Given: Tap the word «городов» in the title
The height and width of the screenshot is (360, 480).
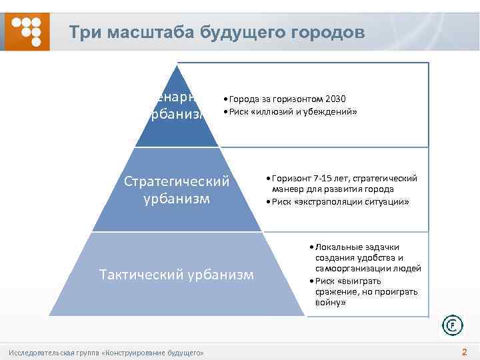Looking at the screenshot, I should click(326, 33).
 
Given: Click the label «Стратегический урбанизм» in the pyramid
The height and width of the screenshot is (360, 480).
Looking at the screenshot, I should click(177, 190).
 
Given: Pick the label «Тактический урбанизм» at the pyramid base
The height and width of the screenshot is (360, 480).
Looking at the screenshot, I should click(176, 274).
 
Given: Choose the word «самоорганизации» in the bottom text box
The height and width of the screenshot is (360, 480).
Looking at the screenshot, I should click(350, 269).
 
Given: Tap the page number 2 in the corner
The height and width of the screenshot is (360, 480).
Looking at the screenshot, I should click(464, 351).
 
